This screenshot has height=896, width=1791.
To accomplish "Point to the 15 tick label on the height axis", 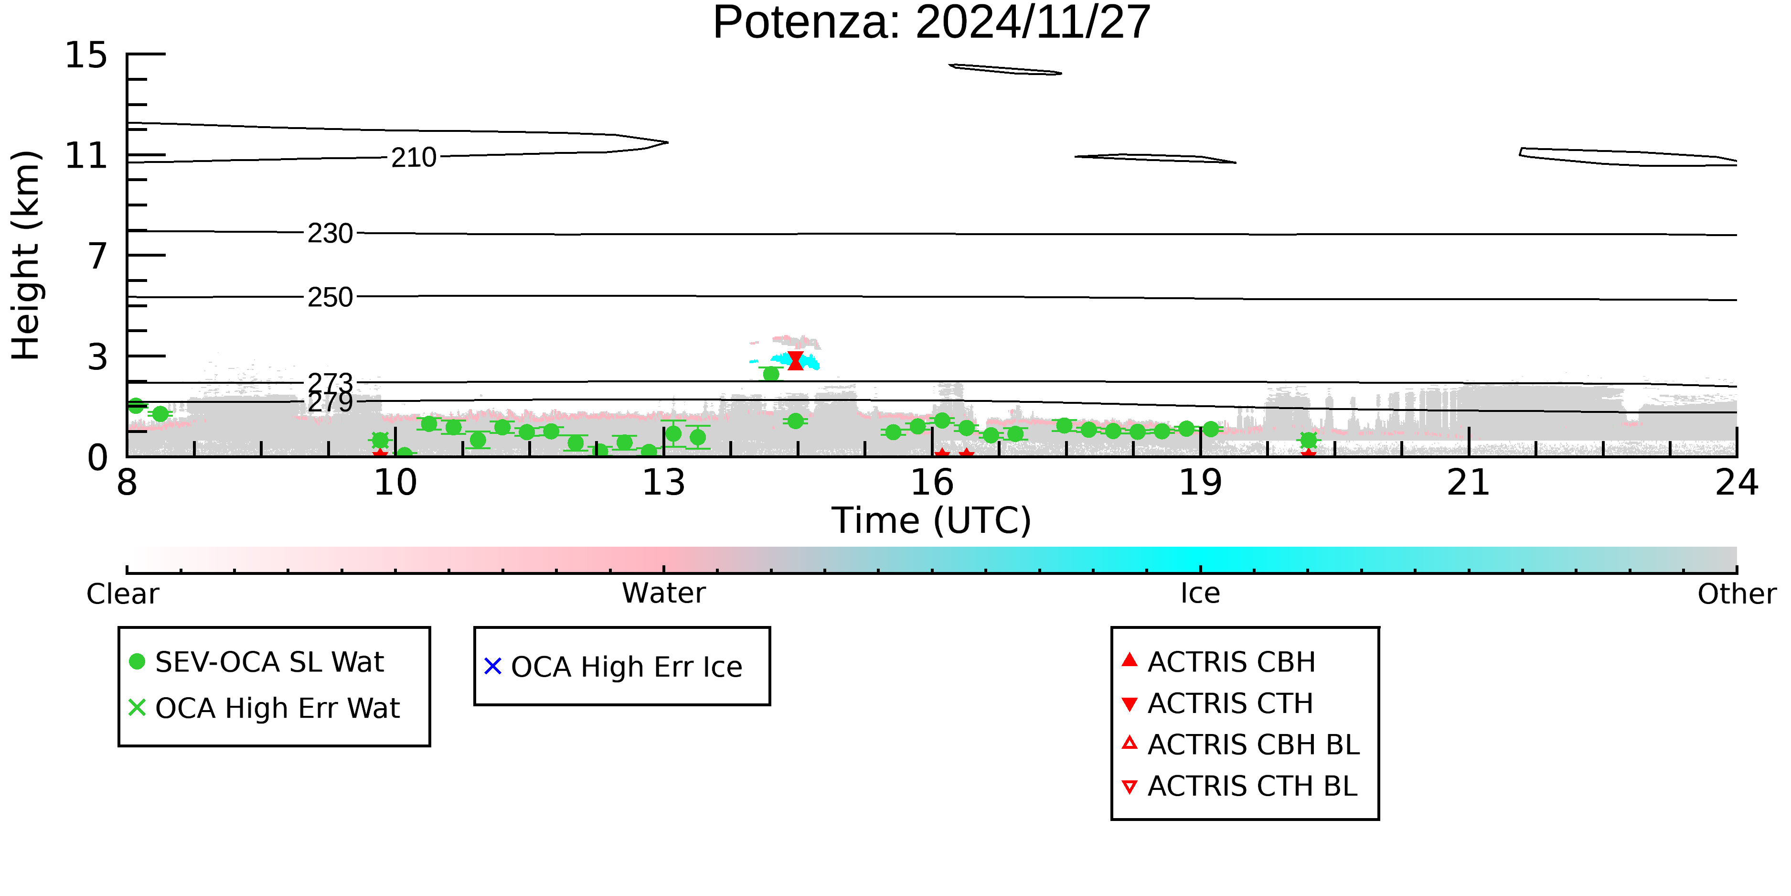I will click(x=86, y=55).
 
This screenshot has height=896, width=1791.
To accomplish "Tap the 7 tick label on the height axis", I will click(x=98, y=256).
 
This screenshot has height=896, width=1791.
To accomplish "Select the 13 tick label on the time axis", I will click(x=663, y=483).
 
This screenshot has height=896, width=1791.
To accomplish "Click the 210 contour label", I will click(x=413, y=158).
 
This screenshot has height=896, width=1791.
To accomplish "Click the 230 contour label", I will click(x=330, y=234).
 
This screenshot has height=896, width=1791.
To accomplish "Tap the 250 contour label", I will click(x=330, y=298).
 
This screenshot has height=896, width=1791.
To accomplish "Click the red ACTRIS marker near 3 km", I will click(x=795, y=360).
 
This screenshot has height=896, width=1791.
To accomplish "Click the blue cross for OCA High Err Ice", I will click(x=492, y=667).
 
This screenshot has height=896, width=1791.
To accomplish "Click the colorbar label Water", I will click(x=663, y=594).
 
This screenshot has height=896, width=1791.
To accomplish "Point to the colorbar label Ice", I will click(x=1200, y=594).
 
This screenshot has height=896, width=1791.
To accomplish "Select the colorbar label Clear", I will click(x=122, y=594).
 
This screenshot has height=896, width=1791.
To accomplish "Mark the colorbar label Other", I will click(x=1736, y=594).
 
